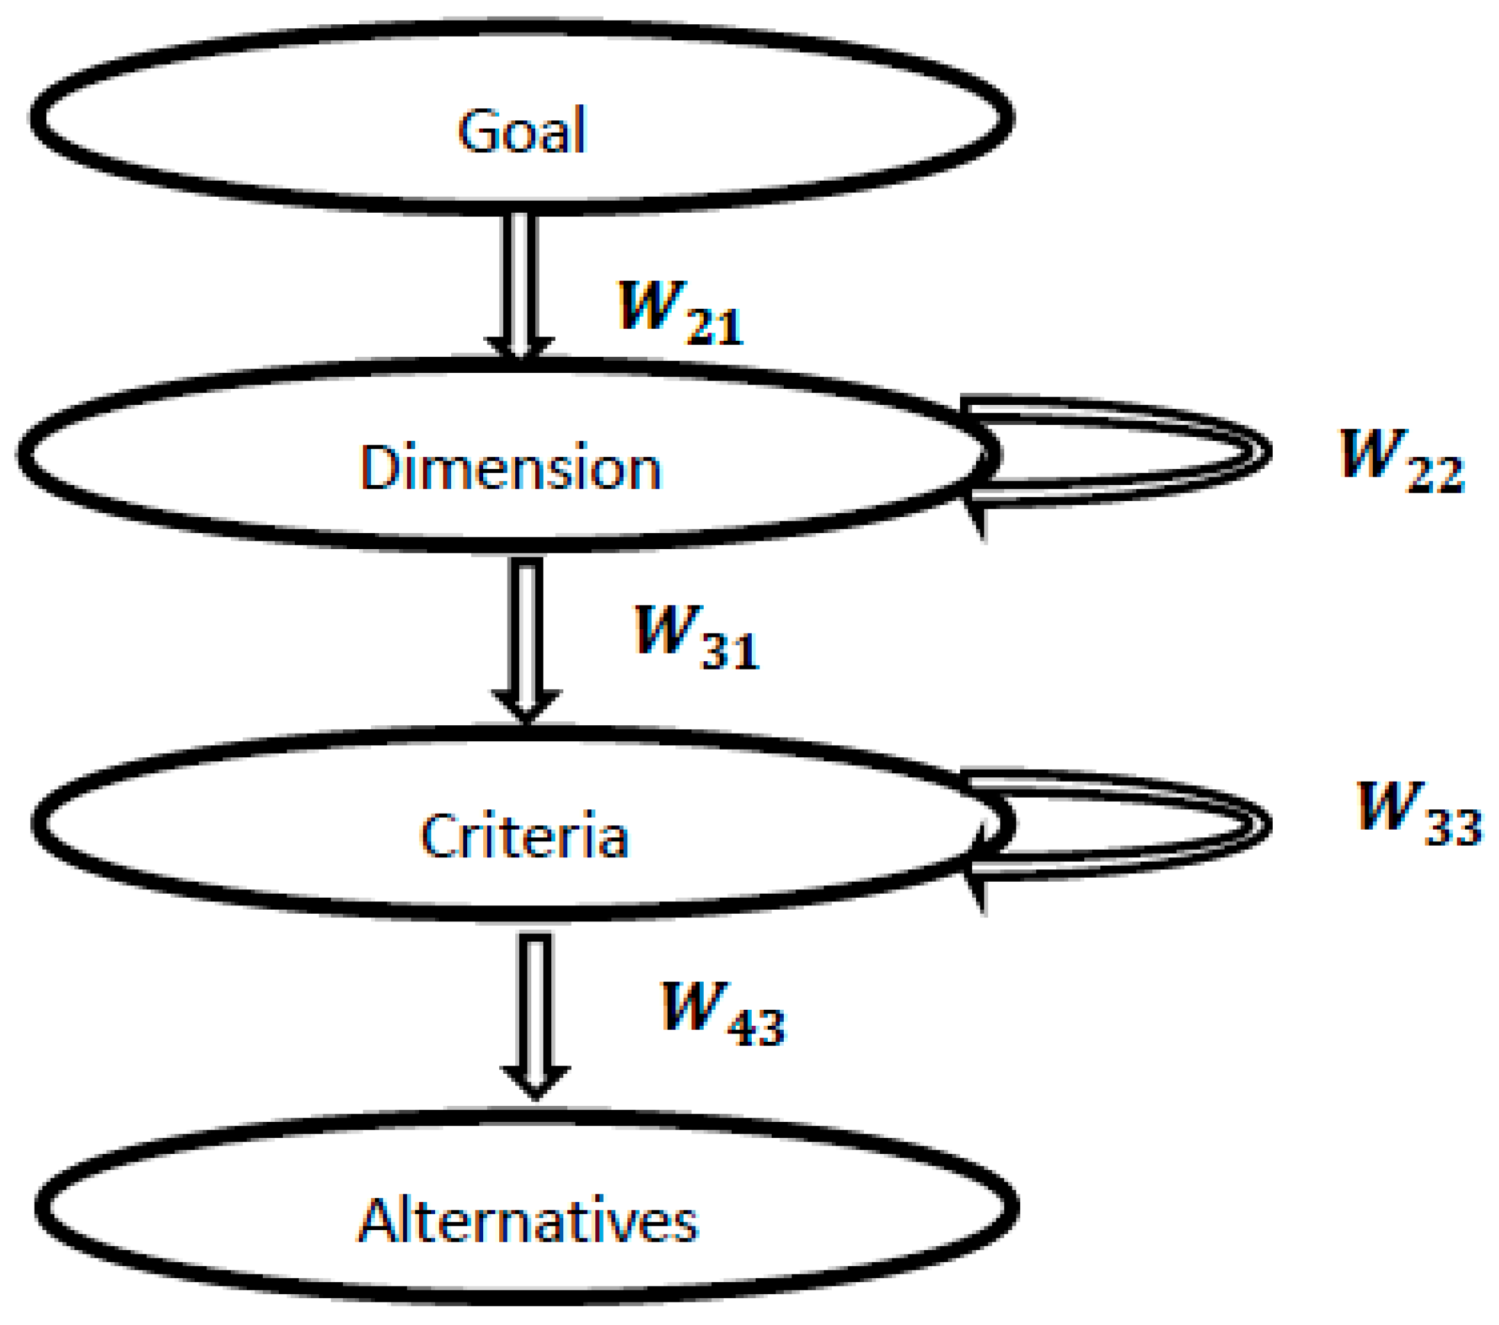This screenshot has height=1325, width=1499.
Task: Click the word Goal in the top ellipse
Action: click(522, 131)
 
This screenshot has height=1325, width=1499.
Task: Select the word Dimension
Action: click(510, 467)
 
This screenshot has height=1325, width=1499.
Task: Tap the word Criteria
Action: click(524, 836)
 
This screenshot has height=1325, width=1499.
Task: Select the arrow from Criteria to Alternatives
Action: click(535, 1012)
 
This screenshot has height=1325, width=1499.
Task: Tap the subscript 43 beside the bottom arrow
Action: click(756, 1029)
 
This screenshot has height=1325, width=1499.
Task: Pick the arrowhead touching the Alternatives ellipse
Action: click(535, 1081)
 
